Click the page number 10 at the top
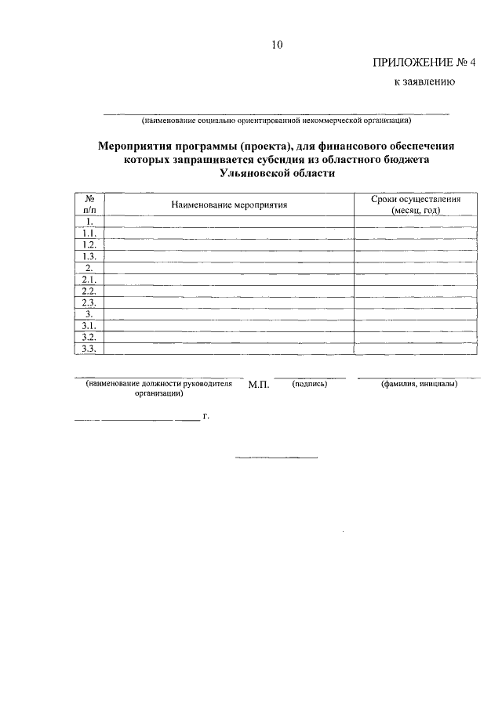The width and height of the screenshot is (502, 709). click(276, 45)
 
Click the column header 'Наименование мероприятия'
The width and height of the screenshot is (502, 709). click(230, 205)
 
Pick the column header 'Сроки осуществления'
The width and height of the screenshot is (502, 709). click(416, 200)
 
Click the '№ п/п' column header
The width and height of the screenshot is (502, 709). click(89, 205)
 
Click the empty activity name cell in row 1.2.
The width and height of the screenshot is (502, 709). click(230, 244)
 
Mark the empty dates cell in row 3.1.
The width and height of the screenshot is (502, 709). click(416, 325)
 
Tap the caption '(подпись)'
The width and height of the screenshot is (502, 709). click(309, 384)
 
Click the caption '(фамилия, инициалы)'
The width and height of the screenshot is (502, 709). click(419, 384)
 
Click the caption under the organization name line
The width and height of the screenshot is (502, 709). click(276, 121)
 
